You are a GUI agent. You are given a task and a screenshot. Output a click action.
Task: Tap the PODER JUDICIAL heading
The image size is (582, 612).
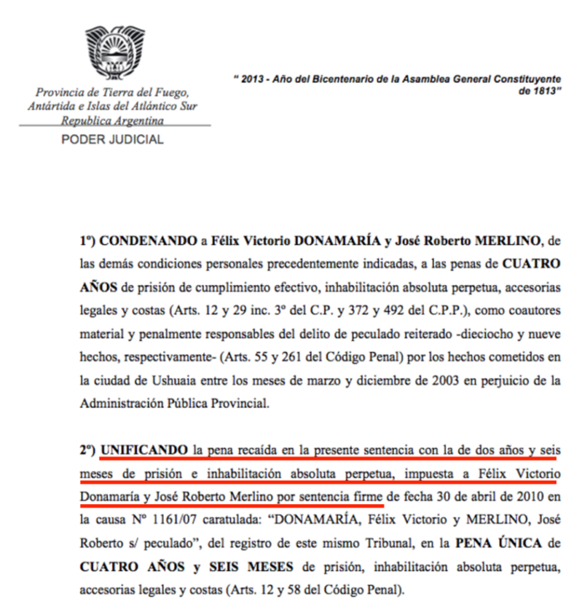pos(113,140)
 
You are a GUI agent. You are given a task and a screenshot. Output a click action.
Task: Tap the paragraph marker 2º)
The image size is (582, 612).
pos(89,451)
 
